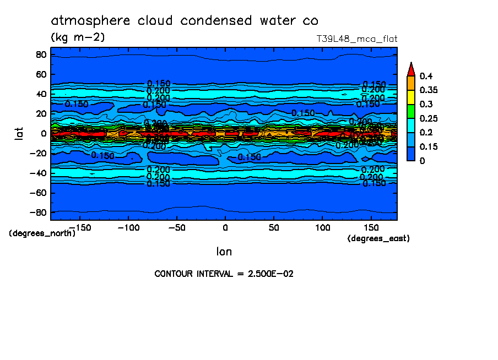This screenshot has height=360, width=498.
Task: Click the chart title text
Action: coord(185,21)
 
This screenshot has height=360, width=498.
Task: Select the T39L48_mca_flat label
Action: coord(356,39)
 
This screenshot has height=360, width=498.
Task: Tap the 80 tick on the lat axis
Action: coord(40,54)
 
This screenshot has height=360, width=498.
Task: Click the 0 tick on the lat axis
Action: coord(43,133)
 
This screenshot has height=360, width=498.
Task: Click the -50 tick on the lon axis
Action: coord(176,227)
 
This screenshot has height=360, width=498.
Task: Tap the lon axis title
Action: coord(224,252)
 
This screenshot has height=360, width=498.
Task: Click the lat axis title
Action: coord(19,133)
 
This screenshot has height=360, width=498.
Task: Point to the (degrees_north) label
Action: coord(42,233)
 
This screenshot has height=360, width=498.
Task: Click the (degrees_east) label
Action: coord(378,238)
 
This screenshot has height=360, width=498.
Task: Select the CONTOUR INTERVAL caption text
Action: coord(224,274)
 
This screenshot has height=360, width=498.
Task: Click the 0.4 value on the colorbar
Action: coord(425,76)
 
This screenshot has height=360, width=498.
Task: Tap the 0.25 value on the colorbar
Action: coord(427,118)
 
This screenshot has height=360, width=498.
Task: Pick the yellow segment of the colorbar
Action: coord(410,97)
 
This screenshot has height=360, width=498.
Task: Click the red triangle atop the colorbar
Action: coord(410,69)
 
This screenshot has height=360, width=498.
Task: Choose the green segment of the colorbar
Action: coord(410,111)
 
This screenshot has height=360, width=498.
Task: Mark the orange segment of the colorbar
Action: coord(410,83)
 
